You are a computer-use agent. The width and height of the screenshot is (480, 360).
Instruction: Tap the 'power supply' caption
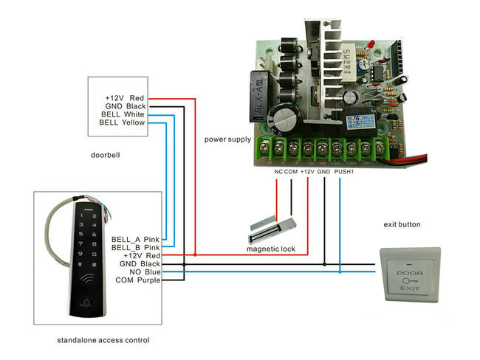click(227, 139)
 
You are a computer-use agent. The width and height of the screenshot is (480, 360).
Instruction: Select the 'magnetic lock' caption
click(270, 249)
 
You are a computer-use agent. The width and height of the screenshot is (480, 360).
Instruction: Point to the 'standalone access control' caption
click(103, 340)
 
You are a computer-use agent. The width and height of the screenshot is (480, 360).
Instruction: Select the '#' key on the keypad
click(95, 264)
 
